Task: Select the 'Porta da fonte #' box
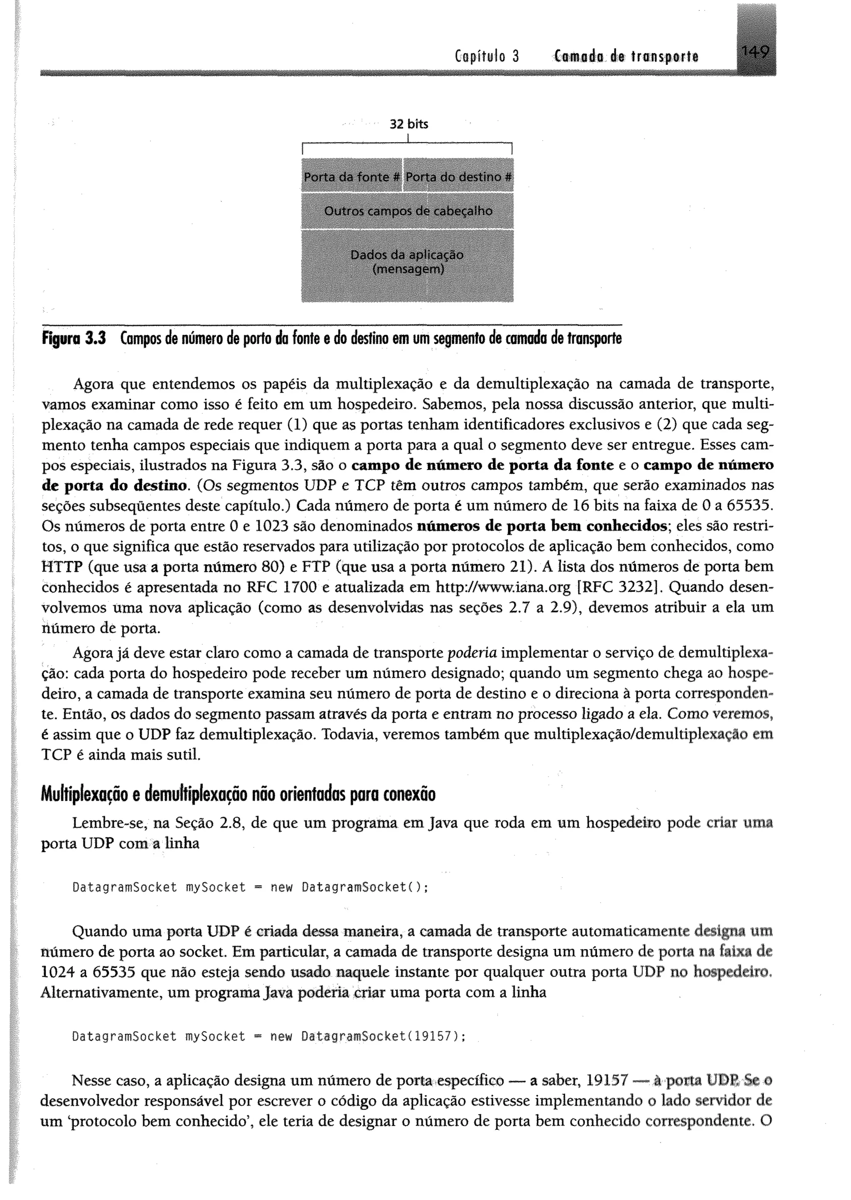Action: tap(351, 177)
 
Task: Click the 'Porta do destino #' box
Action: tap(458, 177)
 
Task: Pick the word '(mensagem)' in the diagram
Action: tap(407, 270)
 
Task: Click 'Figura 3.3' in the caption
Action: tap(74, 339)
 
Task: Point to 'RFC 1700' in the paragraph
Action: tap(283, 587)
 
